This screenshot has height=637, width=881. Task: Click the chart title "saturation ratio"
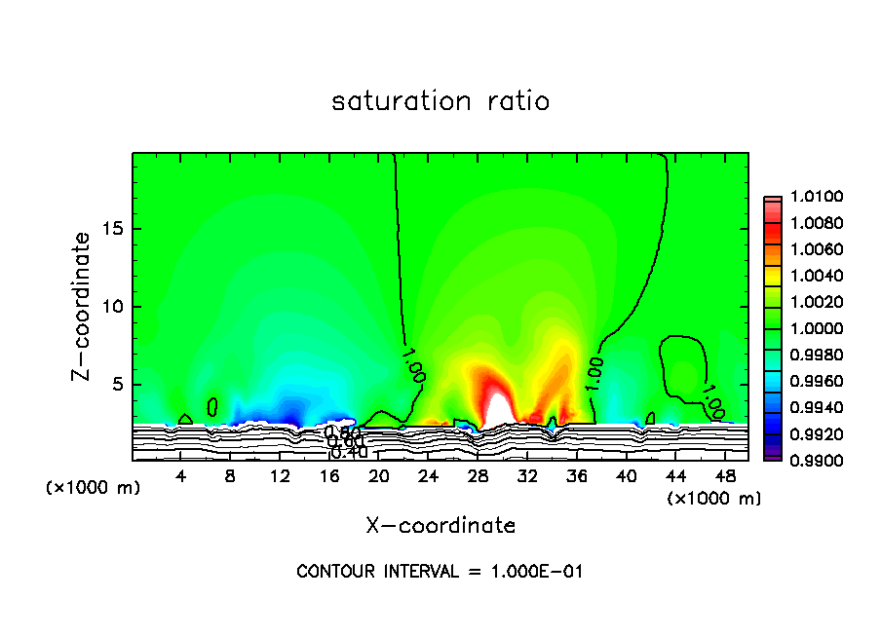[x=440, y=101]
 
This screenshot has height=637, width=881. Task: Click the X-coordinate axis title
[x=440, y=526]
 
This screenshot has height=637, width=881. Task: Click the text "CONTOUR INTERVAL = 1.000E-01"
[x=440, y=572]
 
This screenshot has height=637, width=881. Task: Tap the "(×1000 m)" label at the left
[x=94, y=488]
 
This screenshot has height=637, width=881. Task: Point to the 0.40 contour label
[x=348, y=452]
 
